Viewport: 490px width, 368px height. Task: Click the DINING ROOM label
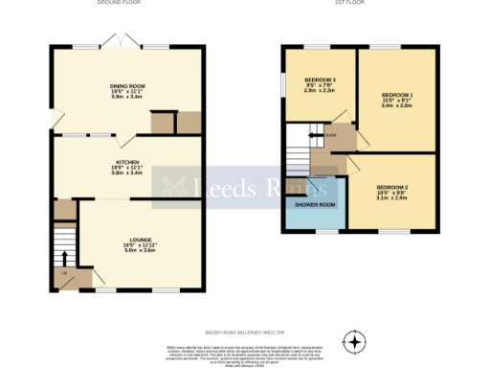tap(125, 85)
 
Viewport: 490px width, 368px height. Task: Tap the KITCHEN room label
tap(125, 163)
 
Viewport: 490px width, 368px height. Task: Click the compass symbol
tap(355, 341)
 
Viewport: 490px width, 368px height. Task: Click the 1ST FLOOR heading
tap(345, 4)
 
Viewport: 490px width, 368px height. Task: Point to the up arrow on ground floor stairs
tap(65, 257)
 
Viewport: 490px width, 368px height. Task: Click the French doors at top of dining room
tap(126, 44)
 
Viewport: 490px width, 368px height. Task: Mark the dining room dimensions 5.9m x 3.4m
tap(125, 98)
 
